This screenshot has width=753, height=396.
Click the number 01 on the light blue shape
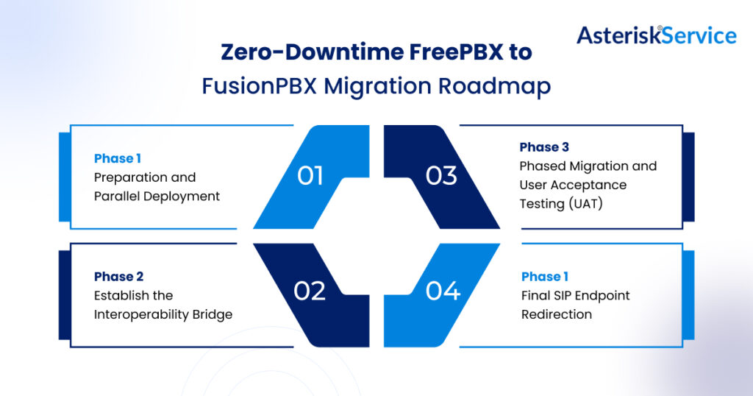click(310, 176)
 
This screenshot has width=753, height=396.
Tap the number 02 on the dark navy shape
click(310, 291)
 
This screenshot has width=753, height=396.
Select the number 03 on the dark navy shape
click(441, 176)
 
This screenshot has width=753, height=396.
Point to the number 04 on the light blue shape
click(443, 291)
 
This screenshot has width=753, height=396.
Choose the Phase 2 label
click(119, 277)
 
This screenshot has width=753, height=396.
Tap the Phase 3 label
click(545, 147)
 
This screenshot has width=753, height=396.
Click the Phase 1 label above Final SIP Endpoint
click(545, 277)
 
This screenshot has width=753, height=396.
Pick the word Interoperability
click(163, 314)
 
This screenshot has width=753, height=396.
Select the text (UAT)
click(582, 204)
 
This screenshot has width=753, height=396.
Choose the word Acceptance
click(590, 185)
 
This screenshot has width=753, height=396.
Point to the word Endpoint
click(604, 296)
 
